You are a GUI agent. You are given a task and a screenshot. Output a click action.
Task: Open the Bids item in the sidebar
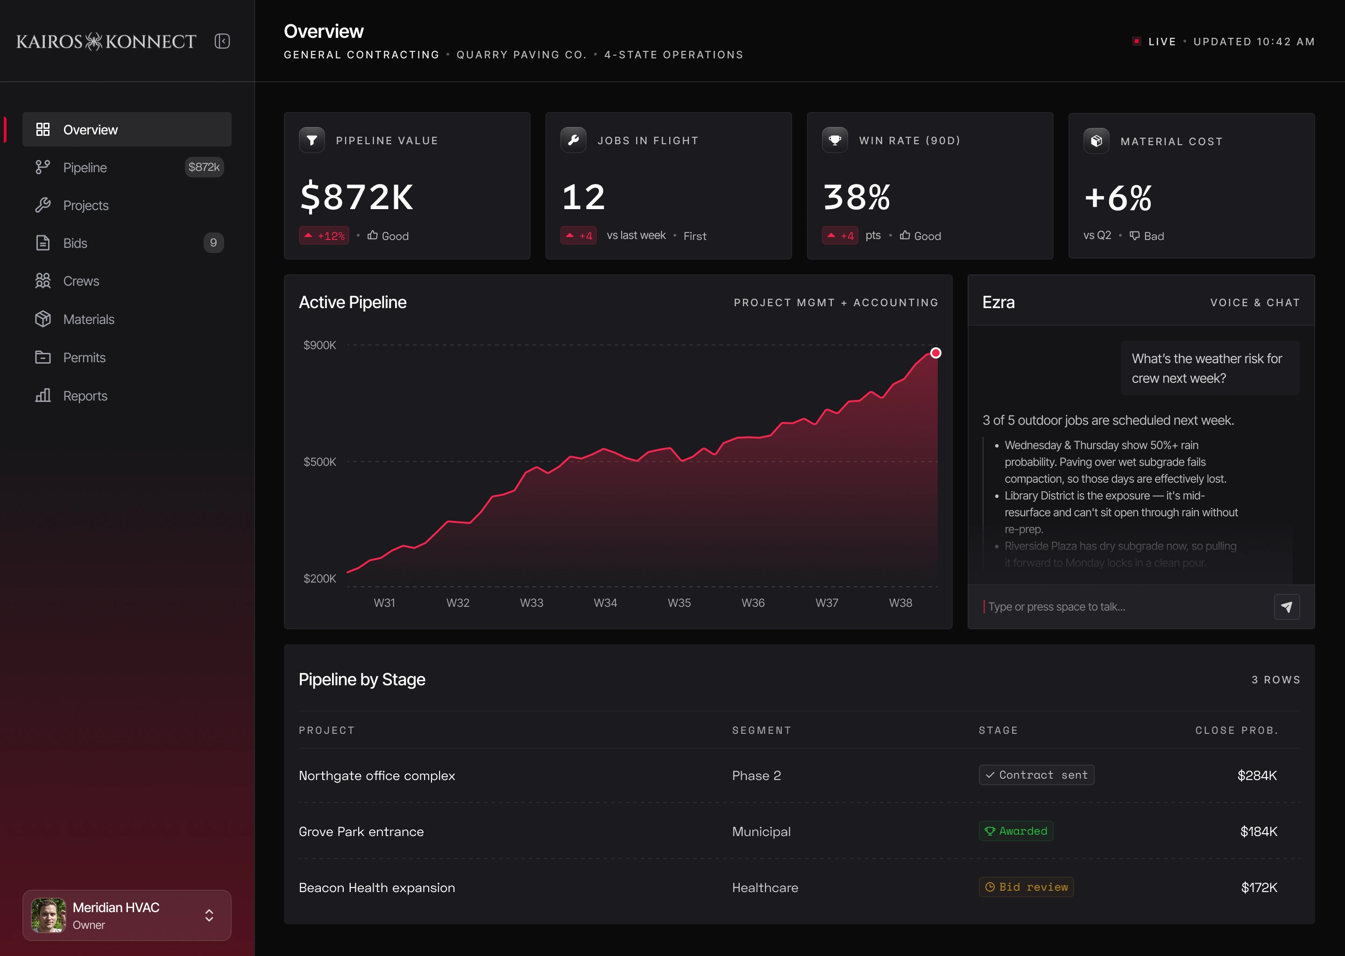pyautogui.click(x=127, y=243)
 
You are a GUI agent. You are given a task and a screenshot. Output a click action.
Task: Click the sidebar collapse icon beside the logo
pyautogui.click(x=222, y=41)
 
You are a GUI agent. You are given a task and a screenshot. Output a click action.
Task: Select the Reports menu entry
pyautogui.click(x=127, y=395)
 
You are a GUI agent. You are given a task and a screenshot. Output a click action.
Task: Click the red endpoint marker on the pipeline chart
pyautogui.click(x=936, y=353)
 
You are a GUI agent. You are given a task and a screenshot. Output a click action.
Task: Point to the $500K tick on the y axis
pyautogui.click(x=320, y=462)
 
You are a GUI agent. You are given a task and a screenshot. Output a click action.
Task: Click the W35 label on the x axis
pyautogui.click(x=679, y=603)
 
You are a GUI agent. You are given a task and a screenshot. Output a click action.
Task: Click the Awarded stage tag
pyautogui.click(x=1016, y=831)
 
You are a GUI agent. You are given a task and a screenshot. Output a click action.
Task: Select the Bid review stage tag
pyautogui.click(x=1026, y=887)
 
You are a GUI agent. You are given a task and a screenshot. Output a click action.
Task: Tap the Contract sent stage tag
pyautogui.click(x=1036, y=775)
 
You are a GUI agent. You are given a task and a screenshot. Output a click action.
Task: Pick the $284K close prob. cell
pyautogui.click(x=1257, y=775)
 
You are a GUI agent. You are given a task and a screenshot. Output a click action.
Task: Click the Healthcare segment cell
pyautogui.click(x=765, y=888)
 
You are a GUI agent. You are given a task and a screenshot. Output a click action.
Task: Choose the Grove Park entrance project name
pyautogui.click(x=361, y=832)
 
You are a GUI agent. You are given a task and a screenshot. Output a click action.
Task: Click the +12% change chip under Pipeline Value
pyautogui.click(x=324, y=235)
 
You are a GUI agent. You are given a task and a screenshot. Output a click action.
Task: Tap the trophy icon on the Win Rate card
pyautogui.click(x=835, y=140)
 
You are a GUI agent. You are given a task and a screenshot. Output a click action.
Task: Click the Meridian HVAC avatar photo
pyautogui.click(x=48, y=915)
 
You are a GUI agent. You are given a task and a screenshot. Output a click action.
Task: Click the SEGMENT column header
pyautogui.click(x=761, y=731)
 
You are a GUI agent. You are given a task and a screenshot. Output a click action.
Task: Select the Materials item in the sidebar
pyautogui.click(x=127, y=319)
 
